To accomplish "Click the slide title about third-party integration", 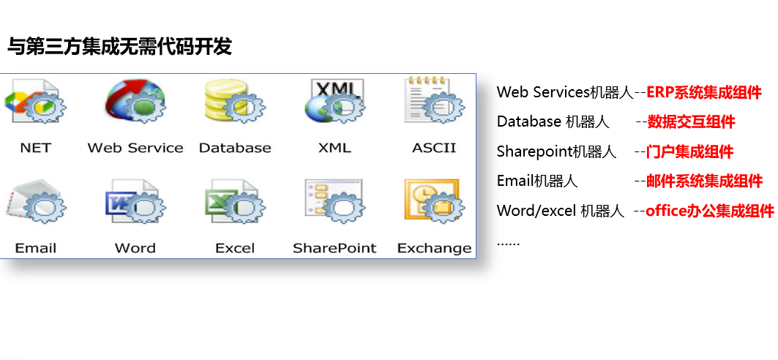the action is click(x=119, y=47).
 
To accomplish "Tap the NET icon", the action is click(x=34, y=101).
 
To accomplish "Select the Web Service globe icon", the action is click(x=135, y=101).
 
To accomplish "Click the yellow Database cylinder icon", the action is click(x=235, y=101).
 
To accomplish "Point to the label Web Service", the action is click(x=135, y=148).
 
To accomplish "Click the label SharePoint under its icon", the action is click(x=335, y=248).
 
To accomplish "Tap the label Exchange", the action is click(x=435, y=248).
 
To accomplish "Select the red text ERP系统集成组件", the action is click(x=704, y=92).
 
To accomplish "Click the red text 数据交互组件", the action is click(x=691, y=122).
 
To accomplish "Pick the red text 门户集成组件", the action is click(x=689, y=151).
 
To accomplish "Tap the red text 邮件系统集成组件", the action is click(x=705, y=181).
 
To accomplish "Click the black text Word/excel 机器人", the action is click(x=560, y=211).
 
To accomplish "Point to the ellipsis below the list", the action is click(x=508, y=244).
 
